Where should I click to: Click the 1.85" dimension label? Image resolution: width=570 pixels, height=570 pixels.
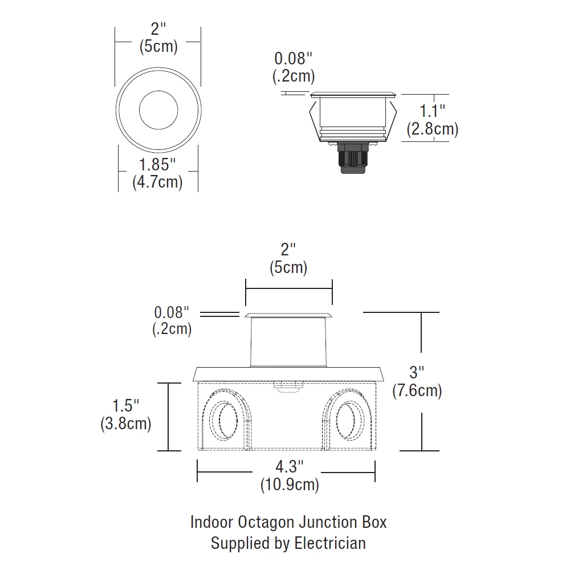click(158, 165)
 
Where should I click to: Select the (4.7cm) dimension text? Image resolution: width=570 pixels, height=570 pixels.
click(158, 183)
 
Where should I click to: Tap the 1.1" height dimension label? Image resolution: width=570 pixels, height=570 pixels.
click(432, 111)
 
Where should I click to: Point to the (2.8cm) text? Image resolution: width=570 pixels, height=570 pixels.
click(432, 129)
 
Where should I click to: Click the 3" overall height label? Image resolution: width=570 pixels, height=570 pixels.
click(417, 373)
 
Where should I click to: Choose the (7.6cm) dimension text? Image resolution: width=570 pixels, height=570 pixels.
click(417, 391)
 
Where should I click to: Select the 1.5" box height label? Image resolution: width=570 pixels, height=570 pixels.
click(125, 406)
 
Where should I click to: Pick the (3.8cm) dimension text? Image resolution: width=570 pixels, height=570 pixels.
click(125, 424)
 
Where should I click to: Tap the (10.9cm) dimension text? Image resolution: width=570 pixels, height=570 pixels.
click(290, 485)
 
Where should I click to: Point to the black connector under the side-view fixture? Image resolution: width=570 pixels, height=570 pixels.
click(352, 159)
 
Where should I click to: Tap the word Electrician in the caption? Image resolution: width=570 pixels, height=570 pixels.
click(330, 543)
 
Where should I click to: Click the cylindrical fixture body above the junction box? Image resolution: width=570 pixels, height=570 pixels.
click(288, 342)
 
